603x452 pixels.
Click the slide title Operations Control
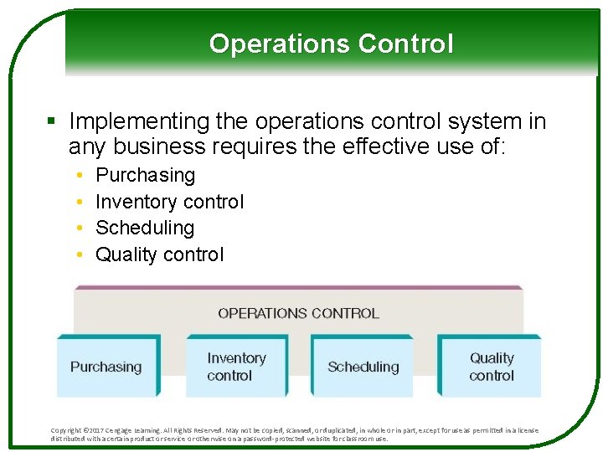[x=331, y=44]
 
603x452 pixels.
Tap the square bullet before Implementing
[x=52, y=122]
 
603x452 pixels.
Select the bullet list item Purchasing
[x=145, y=175]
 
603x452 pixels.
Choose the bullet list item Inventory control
[x=169, y=202]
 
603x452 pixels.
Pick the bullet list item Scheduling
[x=144, y=228]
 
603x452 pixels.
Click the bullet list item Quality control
[x=159, y=254]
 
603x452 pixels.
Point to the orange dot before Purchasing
[x=78, y=176]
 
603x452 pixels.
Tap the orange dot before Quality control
[x=78, y=255]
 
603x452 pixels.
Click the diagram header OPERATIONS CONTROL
[x=298, y=314]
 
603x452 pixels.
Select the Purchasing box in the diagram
[x=106, y=367]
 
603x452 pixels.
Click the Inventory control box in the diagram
[x=236, y=367]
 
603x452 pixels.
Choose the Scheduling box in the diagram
[x=362, y=367]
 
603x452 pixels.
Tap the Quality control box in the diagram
[x=491, y=367]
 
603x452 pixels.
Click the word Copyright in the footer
[x=67, y=430]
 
